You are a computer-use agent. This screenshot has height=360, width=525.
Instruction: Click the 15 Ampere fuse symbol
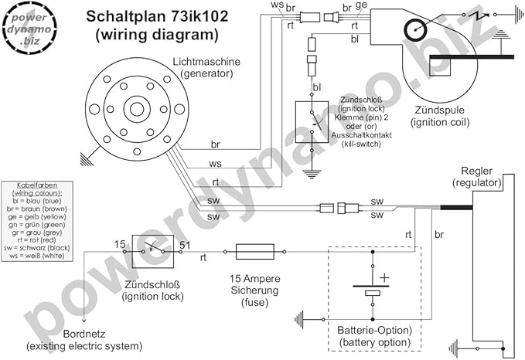pyautogui.click(x=253, y=251)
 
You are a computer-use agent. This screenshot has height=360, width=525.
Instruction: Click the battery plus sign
pyautogui.click(x=385, y=277)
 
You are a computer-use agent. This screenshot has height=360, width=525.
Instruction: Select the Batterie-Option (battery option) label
pyautogui.click(x=375, y=335)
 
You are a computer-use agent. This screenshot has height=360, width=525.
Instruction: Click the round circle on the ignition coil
pyautogui.click(x=417, y=32)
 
